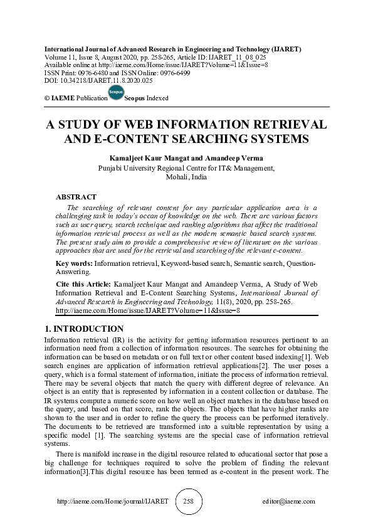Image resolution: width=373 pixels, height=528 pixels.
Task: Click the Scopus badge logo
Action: coord(115,93)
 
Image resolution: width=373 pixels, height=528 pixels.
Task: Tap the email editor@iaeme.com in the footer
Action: coord(289,502)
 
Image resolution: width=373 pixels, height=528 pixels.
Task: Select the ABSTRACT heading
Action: coord(76,197)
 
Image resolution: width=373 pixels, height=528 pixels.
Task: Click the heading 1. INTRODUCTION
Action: coord(84,329)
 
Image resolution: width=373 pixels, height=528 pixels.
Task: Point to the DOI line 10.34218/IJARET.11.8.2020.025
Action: coord(98,81)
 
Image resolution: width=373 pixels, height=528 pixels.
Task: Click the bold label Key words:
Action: coord(75,264)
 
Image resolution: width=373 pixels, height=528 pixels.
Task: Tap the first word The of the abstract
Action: coord(72,208)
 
